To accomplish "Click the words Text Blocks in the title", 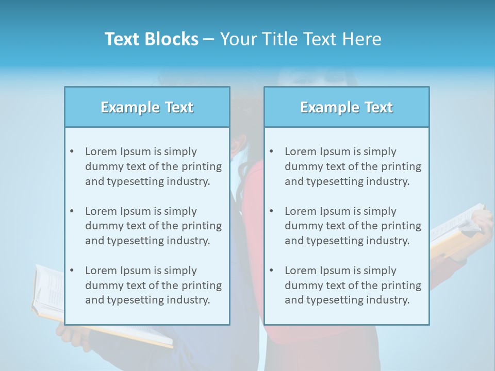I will [x=151, y=39].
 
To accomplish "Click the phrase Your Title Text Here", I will [x=301, y=39].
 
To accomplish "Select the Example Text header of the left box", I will [x=147, y=107].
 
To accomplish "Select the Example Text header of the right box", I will [x=346, y=107].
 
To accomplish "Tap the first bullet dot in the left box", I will [x=72, y=151].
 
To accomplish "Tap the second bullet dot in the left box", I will [x=72, y=211].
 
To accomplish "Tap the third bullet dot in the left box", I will [x=72, y=271].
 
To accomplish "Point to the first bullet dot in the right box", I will [x=272, y=151].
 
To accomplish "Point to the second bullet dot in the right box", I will [x=272, y=211].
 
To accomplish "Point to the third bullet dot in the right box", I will [x=272, y=271].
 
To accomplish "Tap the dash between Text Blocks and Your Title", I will [x=209, y=40].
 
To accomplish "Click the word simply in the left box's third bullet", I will [x=182, y=271].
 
